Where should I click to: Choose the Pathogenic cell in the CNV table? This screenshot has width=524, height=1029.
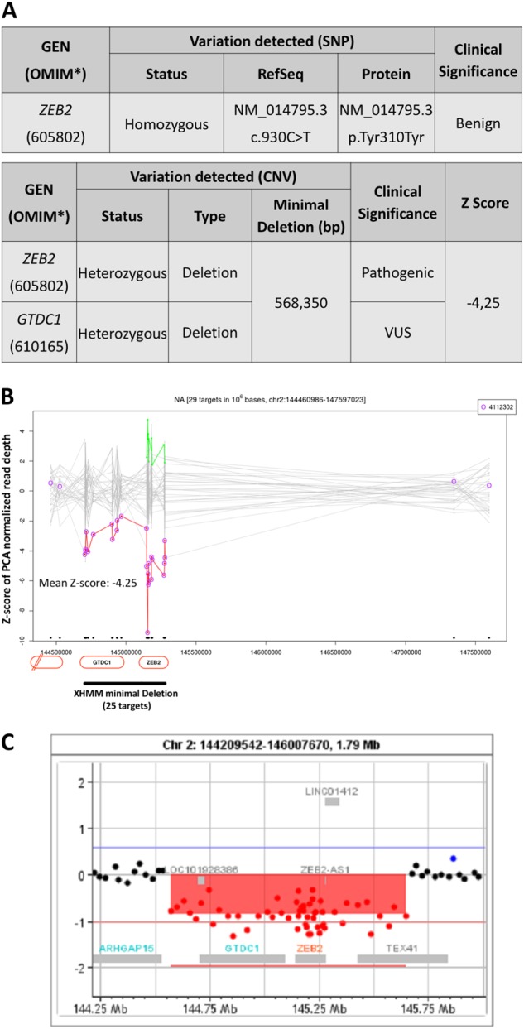[397, 272]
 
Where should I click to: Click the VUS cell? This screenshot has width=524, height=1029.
[397, 332]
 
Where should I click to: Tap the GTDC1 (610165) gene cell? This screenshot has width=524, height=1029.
[39, 332]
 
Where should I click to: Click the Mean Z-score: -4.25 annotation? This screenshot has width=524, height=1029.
[88, 583]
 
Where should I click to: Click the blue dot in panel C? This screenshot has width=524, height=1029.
[453, 858]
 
